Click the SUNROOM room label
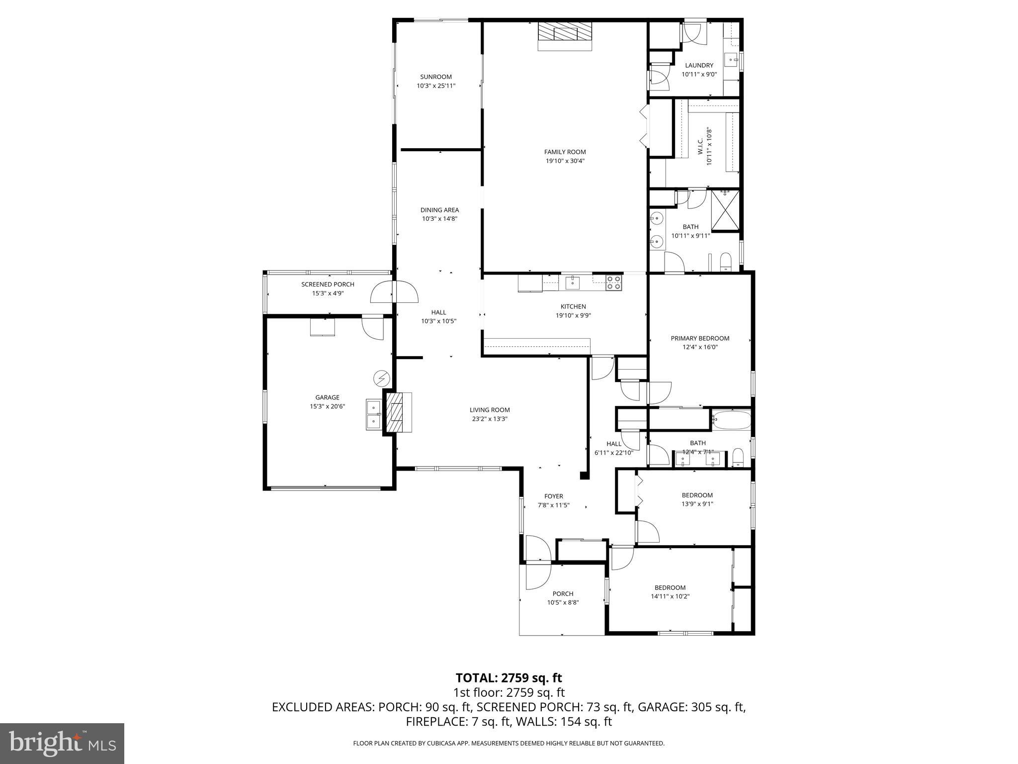tap(435, 77)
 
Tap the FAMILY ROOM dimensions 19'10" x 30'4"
tap(565, 161)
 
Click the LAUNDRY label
tap(699, 65)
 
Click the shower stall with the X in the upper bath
tap(725, 210)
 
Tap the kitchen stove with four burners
tap(614, 283)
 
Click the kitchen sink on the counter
tap(573, 283)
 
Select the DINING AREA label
tap(439, 210)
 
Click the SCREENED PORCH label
tap(328, 285)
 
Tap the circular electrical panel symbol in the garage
tap(381, 379)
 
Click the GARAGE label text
tap(327, 397)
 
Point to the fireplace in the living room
tap(397, 413)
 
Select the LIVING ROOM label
tap(490, 410)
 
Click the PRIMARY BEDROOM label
tap(700, 338)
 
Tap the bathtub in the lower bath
tap(731, 420)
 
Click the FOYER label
tap(553, 496)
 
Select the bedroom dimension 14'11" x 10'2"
tap(670, 596)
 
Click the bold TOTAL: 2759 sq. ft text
tap(509, 678)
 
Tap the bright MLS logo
tap(62, 743)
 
